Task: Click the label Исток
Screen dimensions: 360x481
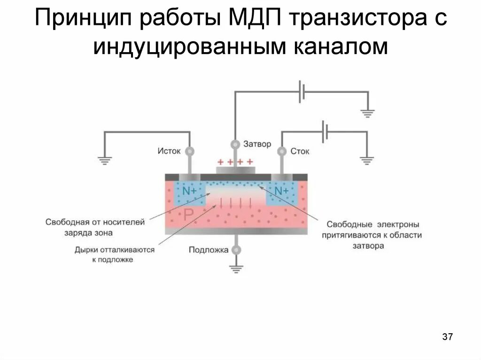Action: (x=169, y=151)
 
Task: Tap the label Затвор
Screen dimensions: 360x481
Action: (x=257, y=144)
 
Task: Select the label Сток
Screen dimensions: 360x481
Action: (x=300, y=151)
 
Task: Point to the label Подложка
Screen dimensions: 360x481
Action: (x=209, y=250)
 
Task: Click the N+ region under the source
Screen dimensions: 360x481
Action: (x=190, y=191)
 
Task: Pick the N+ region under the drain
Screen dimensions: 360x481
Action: (x=282, y=191)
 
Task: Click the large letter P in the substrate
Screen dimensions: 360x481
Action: (x=188, y=215)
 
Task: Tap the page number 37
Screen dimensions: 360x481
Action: (x=447, y=337)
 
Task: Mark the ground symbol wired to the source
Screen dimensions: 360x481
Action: (x=105, y=161)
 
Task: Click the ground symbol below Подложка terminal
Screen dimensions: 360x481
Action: (x=236, y=268)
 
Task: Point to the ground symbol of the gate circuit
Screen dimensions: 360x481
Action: (x=367, y=113)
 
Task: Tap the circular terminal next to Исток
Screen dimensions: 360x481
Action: (x=190, y=151)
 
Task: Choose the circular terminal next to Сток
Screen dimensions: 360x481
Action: (x=282, y=151)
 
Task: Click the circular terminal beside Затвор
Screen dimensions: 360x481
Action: (x=236, y=144)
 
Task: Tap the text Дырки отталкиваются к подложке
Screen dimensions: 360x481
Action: (x=114, y=254)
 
